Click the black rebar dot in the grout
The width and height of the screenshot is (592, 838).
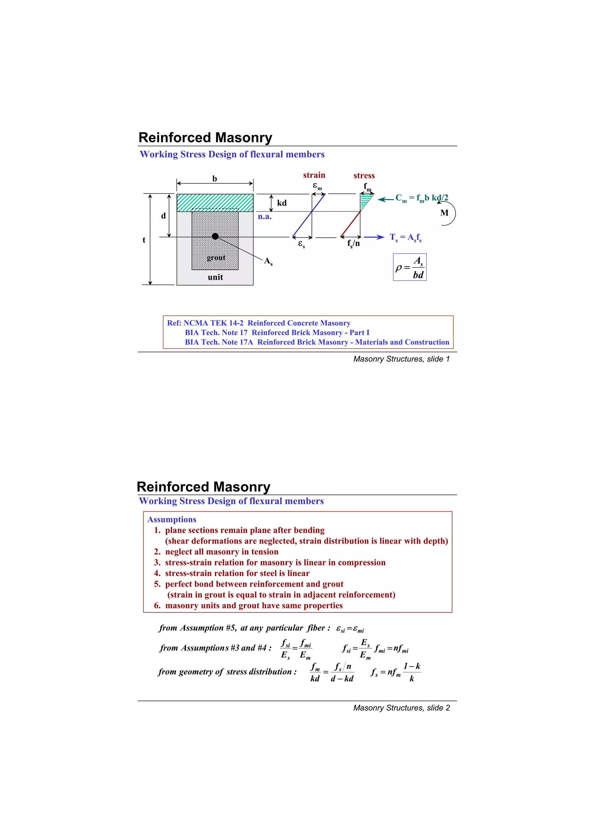pos(215,237)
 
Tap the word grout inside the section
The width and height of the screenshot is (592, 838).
pos(216,258)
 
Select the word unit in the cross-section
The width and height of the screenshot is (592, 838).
pos(215,277)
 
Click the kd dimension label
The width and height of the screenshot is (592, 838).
pos(282,203)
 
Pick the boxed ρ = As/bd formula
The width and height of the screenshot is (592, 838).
pos(410,267)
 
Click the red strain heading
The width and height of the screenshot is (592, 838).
pos(314,175)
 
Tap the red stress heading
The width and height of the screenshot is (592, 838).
pos(364,176)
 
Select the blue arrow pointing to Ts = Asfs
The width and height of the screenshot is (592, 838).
pos(374,237)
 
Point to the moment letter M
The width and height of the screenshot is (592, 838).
pos(444,213)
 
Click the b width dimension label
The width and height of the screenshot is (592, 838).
pos(215,179)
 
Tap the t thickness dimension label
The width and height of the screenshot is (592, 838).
pos(144,240)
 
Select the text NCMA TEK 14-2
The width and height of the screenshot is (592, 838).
pos(213,323)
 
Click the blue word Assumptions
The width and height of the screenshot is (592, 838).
pos(172,519)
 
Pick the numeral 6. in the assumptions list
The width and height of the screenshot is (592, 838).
pos(157,606)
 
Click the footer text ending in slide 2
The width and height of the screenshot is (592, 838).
pos(401,708)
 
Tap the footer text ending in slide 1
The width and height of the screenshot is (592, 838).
pos(401,359)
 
